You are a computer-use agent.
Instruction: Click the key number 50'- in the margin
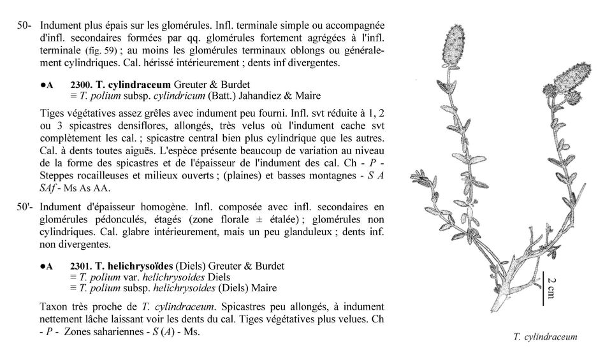25,207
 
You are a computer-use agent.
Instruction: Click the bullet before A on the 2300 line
41,84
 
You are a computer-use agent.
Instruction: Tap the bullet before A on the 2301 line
41,266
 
